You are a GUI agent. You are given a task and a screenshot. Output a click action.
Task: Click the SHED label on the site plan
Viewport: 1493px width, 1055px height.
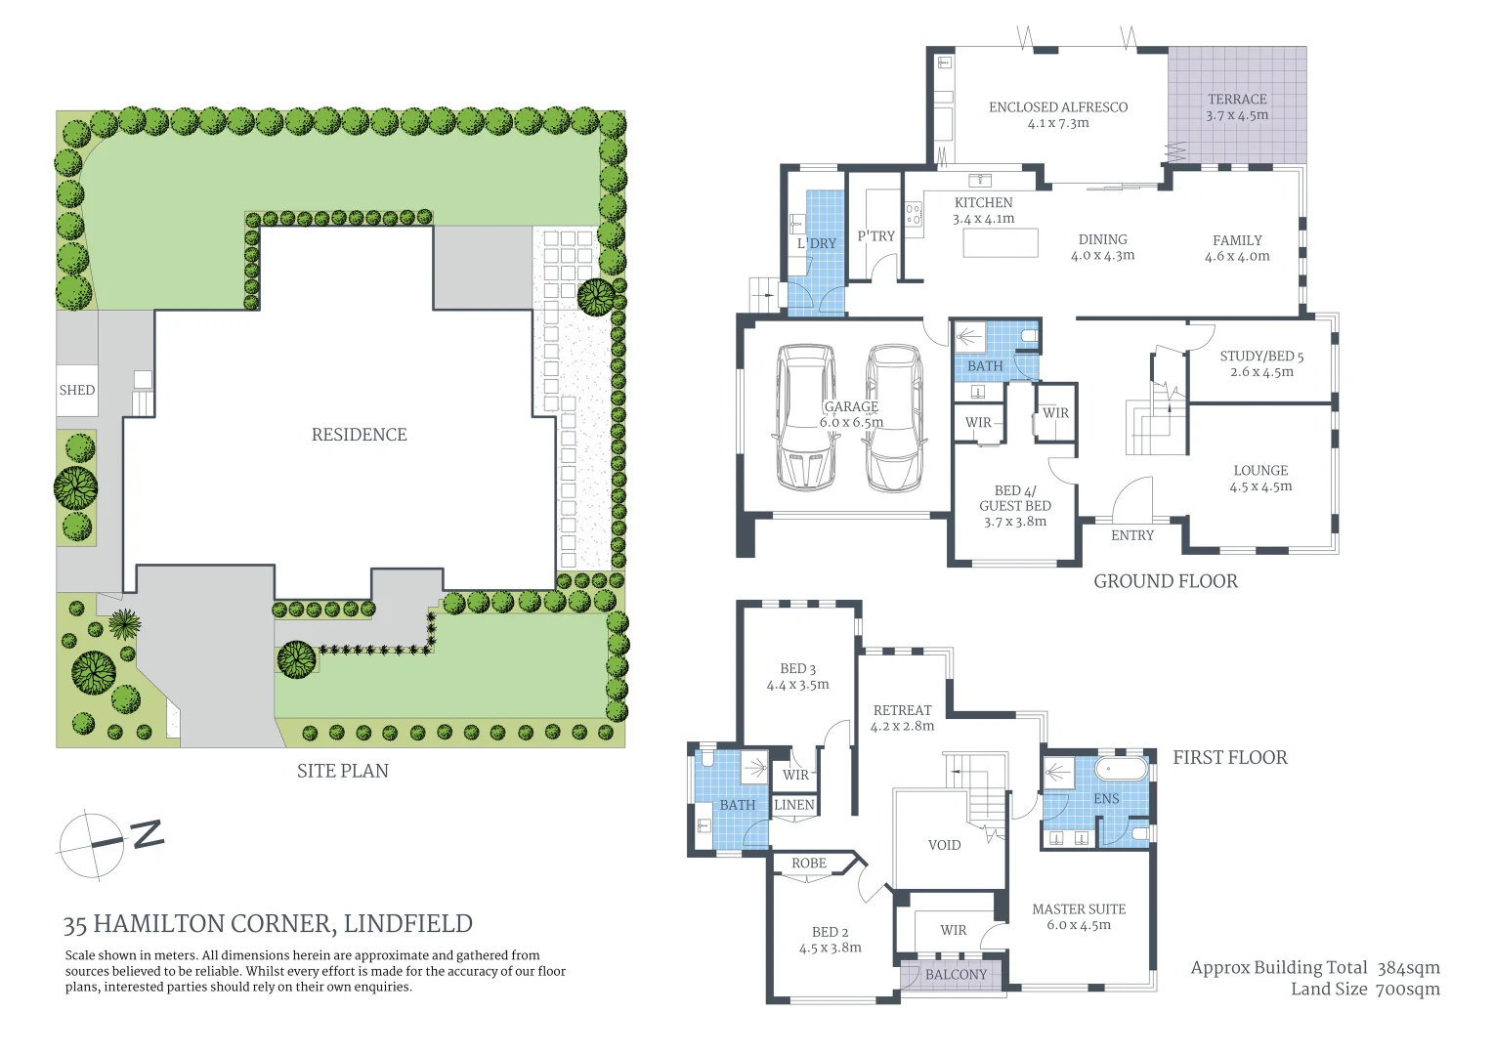pos(76,390)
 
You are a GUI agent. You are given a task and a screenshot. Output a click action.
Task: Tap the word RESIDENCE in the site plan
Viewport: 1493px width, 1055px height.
pos(360,435)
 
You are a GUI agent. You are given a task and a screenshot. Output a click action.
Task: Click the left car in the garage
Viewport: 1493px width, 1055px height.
pos(806,418)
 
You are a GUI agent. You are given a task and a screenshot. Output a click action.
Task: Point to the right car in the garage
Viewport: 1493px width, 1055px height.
pos(894,418)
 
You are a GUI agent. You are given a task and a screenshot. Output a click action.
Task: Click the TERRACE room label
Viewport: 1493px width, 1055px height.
pos(1237,100)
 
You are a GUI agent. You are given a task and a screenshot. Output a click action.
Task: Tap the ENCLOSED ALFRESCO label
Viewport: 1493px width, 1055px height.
pos(1058,107)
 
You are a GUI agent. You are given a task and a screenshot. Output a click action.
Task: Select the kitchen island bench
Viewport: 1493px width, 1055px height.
pos(1001,242)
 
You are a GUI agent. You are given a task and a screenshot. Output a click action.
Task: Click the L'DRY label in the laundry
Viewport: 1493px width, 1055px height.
pos(817,243)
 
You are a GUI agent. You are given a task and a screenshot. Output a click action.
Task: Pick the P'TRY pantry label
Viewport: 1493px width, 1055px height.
pos(875,236)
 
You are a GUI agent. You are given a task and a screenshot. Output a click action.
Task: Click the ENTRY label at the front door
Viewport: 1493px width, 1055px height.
pos(1132,535)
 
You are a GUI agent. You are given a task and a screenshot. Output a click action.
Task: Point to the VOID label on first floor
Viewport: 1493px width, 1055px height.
pos(945,845)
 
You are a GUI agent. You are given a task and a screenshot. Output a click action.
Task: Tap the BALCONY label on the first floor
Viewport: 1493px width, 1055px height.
pos(956,974)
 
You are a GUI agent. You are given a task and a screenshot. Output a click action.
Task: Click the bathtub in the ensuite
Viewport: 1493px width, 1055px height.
pos(1123,769)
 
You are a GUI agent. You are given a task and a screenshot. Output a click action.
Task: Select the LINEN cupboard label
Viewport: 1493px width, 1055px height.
pos(793,805)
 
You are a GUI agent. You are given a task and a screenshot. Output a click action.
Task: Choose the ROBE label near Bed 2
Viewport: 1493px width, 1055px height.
pos(809,864)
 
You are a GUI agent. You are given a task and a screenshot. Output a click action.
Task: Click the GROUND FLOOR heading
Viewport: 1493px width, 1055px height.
pos(1166,581)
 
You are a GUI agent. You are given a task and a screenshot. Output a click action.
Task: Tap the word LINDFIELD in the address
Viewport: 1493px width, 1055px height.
pos(407,924)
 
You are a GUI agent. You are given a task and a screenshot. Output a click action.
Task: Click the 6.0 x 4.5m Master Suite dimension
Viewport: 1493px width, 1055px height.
pos(1079,925)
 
